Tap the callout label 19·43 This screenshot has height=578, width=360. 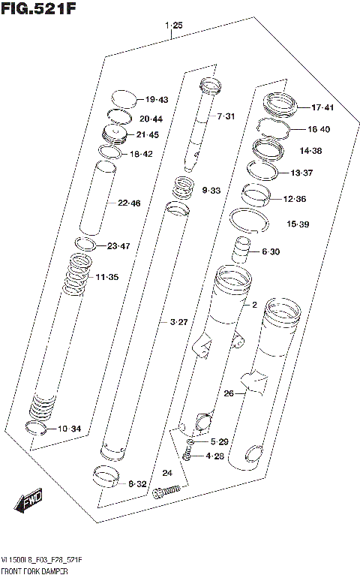[157, 100]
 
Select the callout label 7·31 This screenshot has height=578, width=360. [226, 116]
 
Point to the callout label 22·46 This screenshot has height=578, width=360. [129, 203]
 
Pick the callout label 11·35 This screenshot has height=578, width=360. [107, 277]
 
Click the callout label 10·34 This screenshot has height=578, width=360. [69, 429]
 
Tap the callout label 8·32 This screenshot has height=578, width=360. [136, 484]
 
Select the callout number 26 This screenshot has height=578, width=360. [229, 393]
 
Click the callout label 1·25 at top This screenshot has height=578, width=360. [173, 26]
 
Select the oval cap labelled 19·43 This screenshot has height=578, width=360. [124, 98]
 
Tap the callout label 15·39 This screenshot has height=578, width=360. [298, 224]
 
